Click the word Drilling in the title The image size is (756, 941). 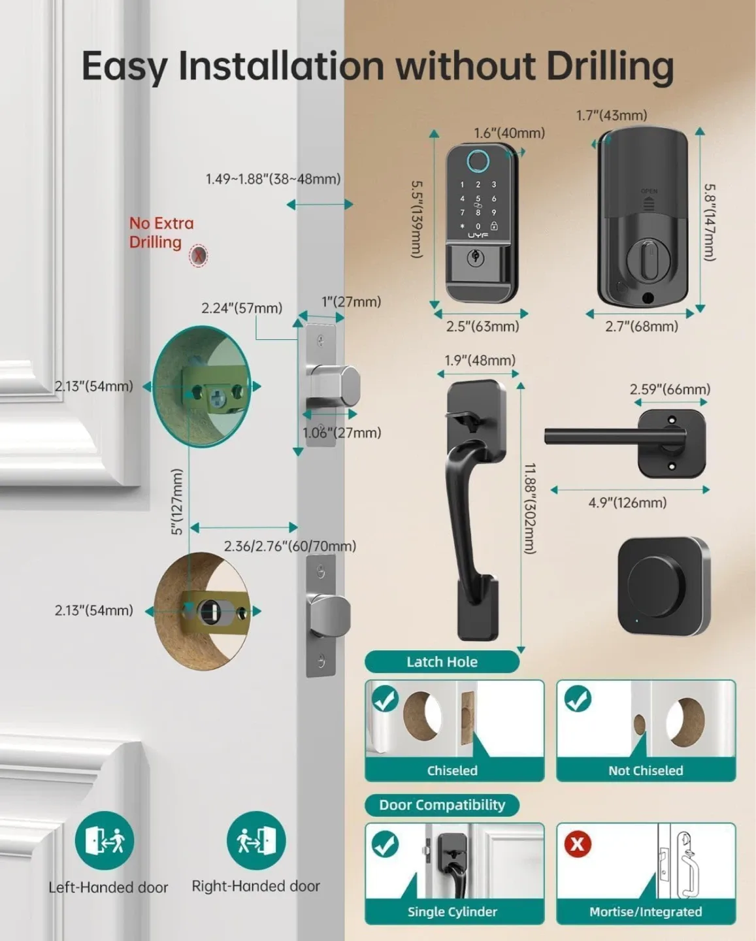pyautogui.click(x=609, y=67)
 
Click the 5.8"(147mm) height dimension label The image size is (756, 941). pyautogui.click(x=710, y=222)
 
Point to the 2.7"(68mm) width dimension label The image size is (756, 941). pyautogui.click(x=641, y=326)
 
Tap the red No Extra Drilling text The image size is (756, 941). pyautogui.click(x=161, y=233)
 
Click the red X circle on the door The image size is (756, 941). pyautogui.click(x=199, y=256)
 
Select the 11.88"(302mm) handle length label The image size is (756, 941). pyautogui.click(x=530, y=508)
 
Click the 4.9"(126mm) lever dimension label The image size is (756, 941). pyautogui.click(x=627, y=503)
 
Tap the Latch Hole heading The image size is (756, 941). pyautogui.click(x=442, y=662)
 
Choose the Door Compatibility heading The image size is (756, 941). pyautogui.click(x=442, y=805)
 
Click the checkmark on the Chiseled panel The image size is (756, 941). pyautogui.click(x=385, y=699)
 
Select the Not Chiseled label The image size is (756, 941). pyautogui.click(x=645, y=770)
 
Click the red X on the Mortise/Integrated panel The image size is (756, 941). pyautogui.click(x=578, y=844)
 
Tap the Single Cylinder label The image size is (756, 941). pyautogui.click(x=452, y=912)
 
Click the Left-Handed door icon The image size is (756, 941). pyautogui.click(x=105, y=840)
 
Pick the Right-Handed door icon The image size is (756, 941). pyautogui.click(x=256, y=840)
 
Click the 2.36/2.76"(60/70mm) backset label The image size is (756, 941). pyautogui.click(x=290, y=546)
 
